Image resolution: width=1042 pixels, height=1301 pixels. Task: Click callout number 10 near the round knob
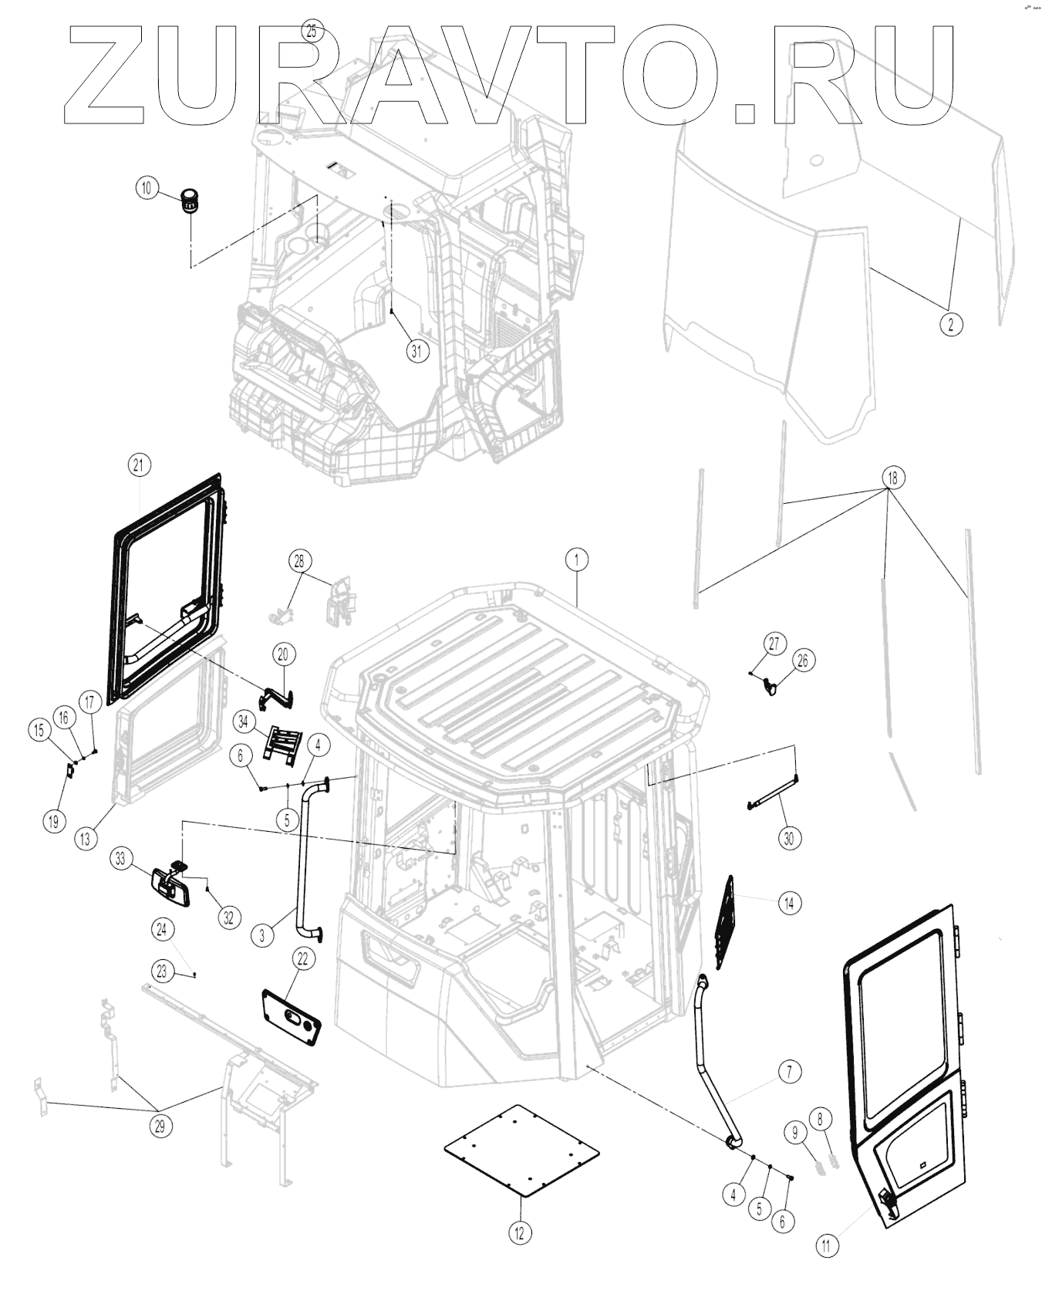[147, 188]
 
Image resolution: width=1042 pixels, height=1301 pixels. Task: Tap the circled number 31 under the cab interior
[416, 351]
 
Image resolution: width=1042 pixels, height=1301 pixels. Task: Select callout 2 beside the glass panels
[950, 325]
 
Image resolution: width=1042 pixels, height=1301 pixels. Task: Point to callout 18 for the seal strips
[892, 478]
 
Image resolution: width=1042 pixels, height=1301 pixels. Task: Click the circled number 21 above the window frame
[139, 465]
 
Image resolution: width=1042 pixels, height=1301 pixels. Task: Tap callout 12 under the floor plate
[519, 1232]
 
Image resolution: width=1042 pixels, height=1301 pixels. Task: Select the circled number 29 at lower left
[160, 1126]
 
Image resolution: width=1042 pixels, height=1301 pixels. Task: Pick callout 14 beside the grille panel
[789, 902]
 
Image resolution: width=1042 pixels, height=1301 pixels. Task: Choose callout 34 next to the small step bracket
[244, 722]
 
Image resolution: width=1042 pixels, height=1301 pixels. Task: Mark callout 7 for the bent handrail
[789, 1071]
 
